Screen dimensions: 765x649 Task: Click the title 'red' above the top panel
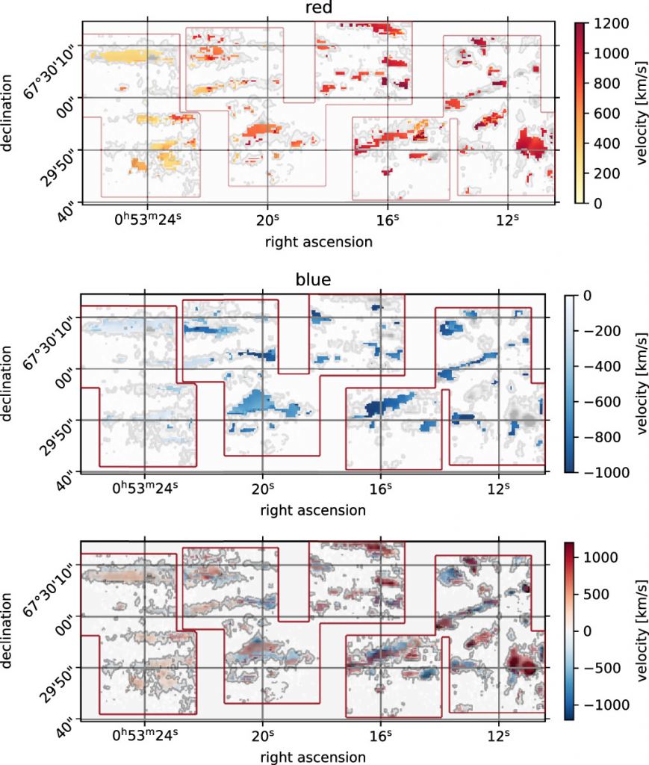click(x=319, y=9)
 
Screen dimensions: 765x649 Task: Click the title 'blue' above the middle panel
click(x=314, y=281)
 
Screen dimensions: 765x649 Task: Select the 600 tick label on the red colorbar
click(x=611, y=114)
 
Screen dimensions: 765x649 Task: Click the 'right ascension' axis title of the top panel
click(x=319, y=241)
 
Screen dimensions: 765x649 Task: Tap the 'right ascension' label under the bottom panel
click(x=314, y=757)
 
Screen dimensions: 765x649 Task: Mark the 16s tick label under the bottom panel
click(x=380, y=737)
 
